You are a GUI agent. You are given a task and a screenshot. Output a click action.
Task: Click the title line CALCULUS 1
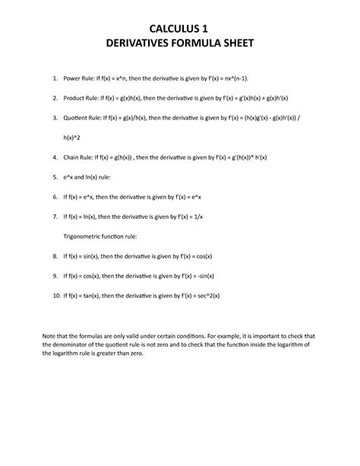tap(179, 30)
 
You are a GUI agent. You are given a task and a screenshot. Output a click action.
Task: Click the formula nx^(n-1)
tap(251, 78)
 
